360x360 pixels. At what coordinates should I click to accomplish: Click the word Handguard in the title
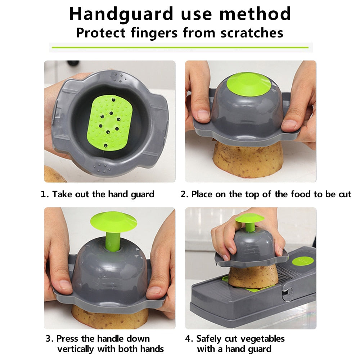pyautogui.click(x=121, y=14)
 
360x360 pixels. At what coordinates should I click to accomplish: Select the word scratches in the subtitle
pyautogui.click(x=252, y=33)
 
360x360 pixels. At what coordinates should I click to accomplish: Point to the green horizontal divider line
pyautogui.click(x=180, y=48)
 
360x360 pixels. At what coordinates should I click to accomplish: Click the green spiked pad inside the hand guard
pyautogui.click(x=110, y=123)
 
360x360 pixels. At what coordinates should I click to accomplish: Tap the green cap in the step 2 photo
pyautogui.click(x=249, y=84)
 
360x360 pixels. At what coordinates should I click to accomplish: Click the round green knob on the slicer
pyautogui.click(x=303, y=262)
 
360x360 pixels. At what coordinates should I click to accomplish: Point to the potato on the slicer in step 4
pyautogui.click(x=253, y=276)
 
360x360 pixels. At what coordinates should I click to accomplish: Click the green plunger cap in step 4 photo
pyautogui.click(x=249, y=218)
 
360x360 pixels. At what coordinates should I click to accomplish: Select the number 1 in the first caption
pyautogui.click(x=44, y=194)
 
